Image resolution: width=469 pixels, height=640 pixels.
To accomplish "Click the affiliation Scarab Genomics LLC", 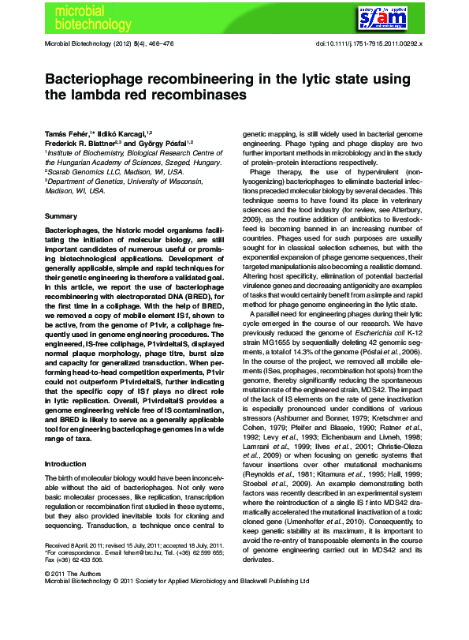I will coord(89,171).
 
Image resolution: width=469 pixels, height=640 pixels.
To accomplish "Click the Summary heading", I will coord(61,215).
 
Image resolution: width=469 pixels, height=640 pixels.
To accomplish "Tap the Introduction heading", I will coord(65,463).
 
